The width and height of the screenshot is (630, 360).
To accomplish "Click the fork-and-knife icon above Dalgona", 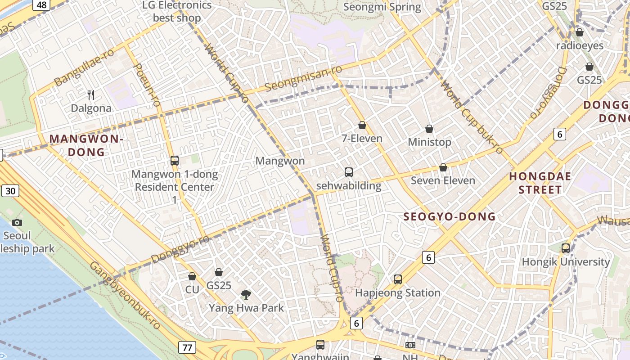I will coord(91,94).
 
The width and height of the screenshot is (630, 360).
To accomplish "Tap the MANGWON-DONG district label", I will coord(86,145).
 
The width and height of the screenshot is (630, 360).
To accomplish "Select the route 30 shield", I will coord(10,191).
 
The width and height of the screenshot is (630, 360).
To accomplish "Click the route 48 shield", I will coord(41,5).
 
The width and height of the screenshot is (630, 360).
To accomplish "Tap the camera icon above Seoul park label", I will coord(17,222).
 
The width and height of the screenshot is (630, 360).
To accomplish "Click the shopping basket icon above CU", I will coord(192,276).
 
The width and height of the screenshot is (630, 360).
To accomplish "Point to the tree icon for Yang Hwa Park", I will coord(246,295).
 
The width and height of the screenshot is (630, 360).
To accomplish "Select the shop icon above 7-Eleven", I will coord(362,125).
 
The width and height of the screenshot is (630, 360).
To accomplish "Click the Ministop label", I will coord(429,142).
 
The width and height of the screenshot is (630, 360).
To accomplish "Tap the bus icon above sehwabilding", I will coord(349,172).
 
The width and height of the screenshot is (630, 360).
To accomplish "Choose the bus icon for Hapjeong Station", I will coord(398,279).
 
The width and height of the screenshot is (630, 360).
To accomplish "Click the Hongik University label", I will coord(566,261).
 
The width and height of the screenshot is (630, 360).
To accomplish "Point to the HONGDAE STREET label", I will coord(540,183).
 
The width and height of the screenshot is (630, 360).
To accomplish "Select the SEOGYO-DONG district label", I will coord(450,216).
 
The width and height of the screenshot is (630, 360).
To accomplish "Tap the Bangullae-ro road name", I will coord(84,67).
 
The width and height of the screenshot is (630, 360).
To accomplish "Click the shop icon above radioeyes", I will coord(580,32).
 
